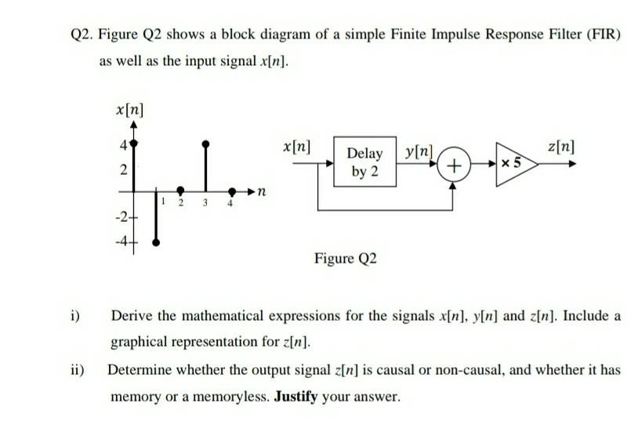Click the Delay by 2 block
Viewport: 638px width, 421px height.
pyautogui.click(x=364, y=162)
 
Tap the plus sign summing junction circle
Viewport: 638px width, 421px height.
pyautogui.click(x=453, y=166)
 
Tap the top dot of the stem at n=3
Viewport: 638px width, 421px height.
pyautogui.click(x=205, y=143)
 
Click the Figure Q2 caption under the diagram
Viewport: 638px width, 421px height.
pyautogui.click(x=345, y=258)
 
